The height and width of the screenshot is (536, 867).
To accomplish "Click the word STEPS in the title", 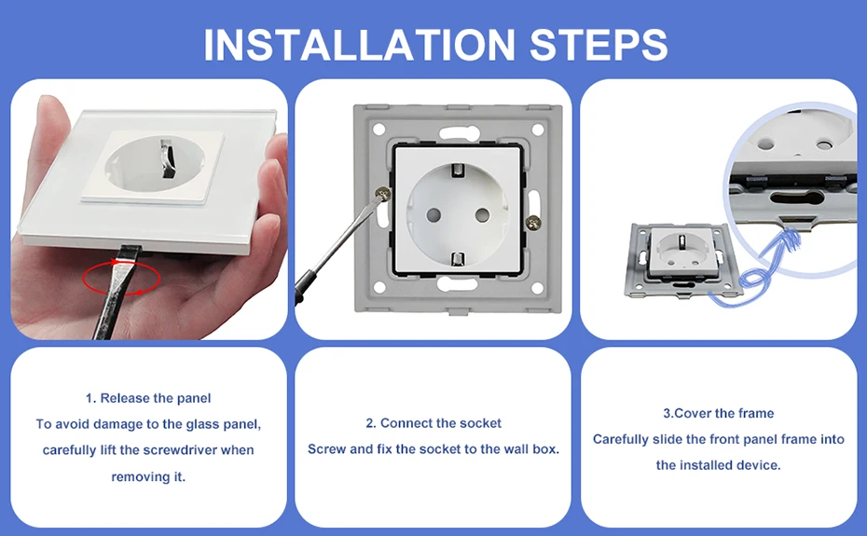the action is click(x=599, y=44).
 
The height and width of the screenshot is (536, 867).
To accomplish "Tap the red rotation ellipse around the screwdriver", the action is click(x=121, y=278).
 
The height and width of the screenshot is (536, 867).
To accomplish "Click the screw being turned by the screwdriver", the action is click(x=382, y=193).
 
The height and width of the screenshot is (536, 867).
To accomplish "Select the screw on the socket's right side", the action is click(x=533, y=223).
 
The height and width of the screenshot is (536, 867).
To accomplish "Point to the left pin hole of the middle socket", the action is click(x=433, y=214).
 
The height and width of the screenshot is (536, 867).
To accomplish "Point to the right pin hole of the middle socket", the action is click(x=482, y=214).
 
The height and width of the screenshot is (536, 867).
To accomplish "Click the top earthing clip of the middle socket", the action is click(x=458, y=171).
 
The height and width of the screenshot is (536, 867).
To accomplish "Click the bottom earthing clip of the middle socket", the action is click(x=458, y=259).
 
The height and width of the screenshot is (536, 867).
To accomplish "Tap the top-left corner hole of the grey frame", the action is click(x=378, y=130).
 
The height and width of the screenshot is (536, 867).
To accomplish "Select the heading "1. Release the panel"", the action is click(x=148, y=398).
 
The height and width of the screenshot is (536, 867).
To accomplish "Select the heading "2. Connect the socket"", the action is click(x=433, y=423).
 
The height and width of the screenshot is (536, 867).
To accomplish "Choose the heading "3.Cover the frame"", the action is click(x=718, y=413).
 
